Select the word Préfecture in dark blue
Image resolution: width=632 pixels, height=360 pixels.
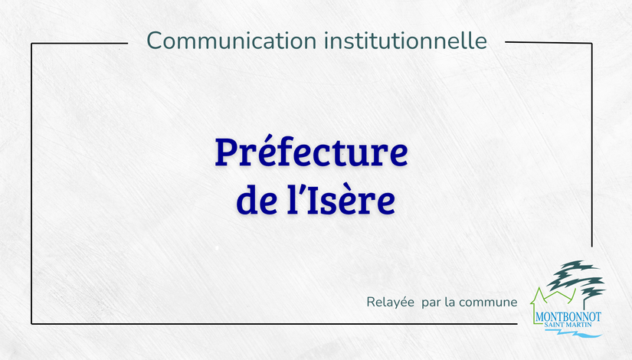pyautogui.click(x=311, y=152)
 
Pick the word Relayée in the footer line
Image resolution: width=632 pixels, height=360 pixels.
pyautogui.click(x=390, y=302)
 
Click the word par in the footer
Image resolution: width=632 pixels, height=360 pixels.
pyautogui.click(x=431, y=303)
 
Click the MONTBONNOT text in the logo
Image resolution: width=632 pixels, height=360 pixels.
pyautogui.click(x=568, y=316)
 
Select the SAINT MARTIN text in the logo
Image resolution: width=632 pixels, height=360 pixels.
pyautogui.click(x=568, y=325)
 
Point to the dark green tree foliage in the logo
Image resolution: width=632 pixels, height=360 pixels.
pyautogui.click(x=575, y=278)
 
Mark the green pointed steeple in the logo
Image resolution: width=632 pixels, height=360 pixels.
pyautogui.click(x=537, y=297)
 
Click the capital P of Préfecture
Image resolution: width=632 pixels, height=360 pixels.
pyautogui.click(x=226, y=152)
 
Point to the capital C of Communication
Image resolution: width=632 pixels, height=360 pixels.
pyautogui.click(x=155, y=41)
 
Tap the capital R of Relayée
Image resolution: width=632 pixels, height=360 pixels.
pyautogui.click(x=371, y=302)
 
